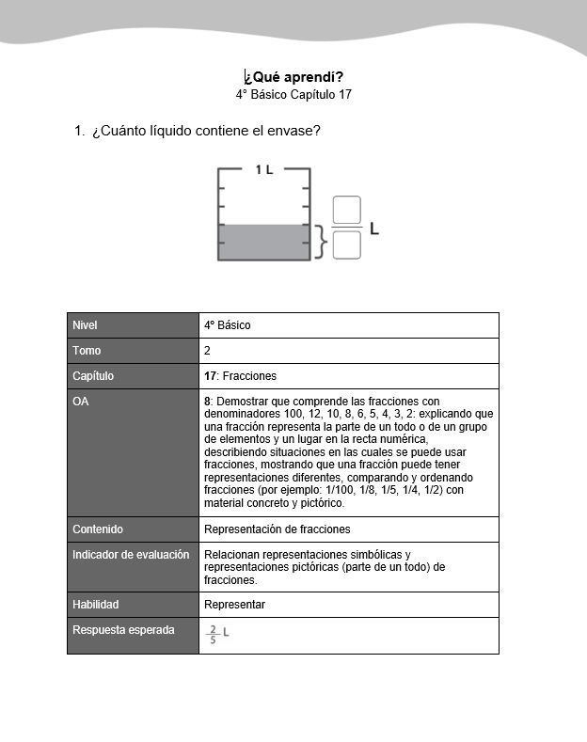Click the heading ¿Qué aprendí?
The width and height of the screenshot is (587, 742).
(293, 77)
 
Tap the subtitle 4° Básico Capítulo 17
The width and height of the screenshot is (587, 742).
(293, 95)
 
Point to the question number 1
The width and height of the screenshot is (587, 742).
(79, 131)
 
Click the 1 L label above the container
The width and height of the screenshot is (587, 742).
(264, 169)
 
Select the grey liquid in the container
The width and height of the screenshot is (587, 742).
(263, 242)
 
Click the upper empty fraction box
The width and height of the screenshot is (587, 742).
(347, 211)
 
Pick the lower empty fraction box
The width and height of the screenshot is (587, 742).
(347, 245)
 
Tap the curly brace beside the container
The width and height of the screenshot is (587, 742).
(322, 242)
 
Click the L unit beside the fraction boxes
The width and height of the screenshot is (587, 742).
(374, 229)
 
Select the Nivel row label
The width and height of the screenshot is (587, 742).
(86, 325)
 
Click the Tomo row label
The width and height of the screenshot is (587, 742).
(87, 351)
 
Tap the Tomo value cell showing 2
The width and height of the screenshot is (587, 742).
(207, 351)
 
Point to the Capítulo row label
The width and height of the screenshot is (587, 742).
(93, 376)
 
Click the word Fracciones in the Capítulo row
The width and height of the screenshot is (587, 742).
(249, 376)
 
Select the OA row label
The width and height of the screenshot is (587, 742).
(80, 402)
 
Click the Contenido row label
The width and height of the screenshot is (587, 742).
(98, 529)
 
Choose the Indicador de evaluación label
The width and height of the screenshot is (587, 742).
(131, 555)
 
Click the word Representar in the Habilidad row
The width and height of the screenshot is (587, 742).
(234, 605)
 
